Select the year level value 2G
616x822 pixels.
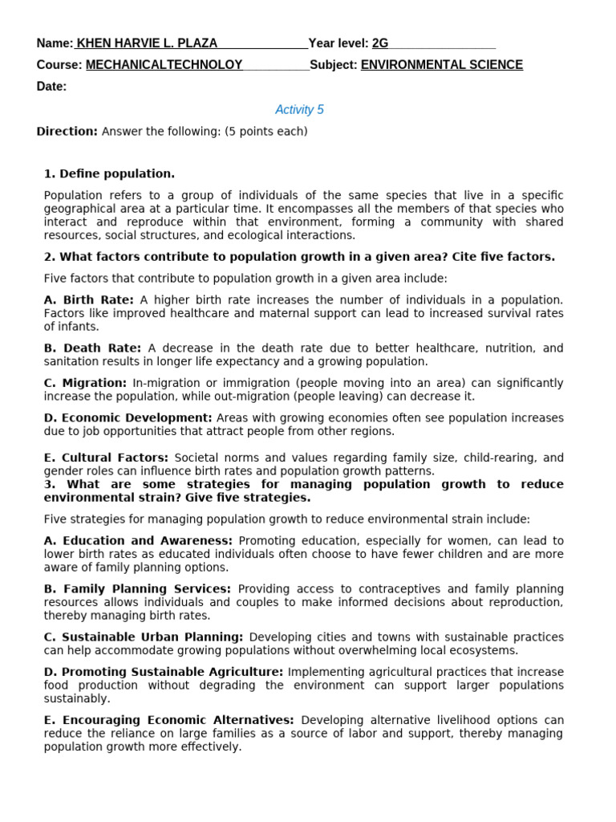(380, 43)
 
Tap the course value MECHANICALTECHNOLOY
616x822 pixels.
(164, 65)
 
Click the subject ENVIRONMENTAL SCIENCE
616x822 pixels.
(441, 65)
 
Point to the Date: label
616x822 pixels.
(51, 87)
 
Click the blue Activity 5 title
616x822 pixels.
(299, 110)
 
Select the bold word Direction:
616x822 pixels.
(67, 132)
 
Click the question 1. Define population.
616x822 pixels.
(109, 173)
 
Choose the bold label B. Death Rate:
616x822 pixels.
(92, 348)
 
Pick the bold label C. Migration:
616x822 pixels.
(86, 383)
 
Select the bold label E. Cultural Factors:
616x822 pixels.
(106, 458)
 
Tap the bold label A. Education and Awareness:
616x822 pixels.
(138, 541)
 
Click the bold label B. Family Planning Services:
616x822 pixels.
(137, 589)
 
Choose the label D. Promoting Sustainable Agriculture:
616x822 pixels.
(164, 672)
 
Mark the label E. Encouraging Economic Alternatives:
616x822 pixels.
(168, 720)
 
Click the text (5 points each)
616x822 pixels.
(265, 132)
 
